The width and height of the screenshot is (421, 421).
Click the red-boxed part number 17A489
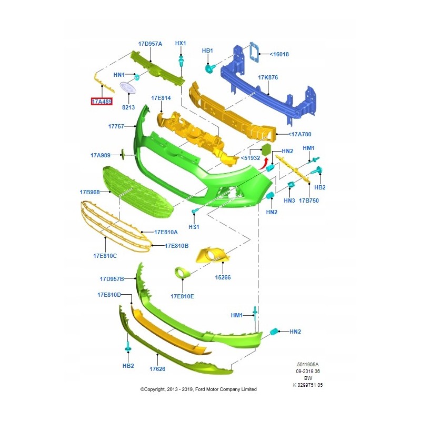click(x=102, y=101)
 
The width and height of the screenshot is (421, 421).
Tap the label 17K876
click(x=268, y=77)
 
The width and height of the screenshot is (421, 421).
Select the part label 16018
click(x=279, y=54)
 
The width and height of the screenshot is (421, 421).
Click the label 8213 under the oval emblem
click(x=128, y=107)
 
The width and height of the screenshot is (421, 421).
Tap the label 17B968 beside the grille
click(x=89, y=192)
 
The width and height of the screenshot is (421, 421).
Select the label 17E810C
click(x=105, y=256)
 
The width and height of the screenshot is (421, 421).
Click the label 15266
click(x=223, y=277)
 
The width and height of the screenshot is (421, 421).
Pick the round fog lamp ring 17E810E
click(x=182, y=273)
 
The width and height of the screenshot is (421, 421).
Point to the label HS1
click(x=194, y=227)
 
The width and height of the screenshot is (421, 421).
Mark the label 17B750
click(x=309, y=201)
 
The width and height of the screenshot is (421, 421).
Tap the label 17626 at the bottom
click(x=157, y=369)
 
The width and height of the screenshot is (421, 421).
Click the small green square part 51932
click(x=266, y=148)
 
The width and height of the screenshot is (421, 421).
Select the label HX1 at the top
click(x=181, y=43)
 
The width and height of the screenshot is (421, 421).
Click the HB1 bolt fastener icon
click(x=209, y=68)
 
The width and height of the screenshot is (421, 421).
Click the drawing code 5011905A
click(x=307, y=364)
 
